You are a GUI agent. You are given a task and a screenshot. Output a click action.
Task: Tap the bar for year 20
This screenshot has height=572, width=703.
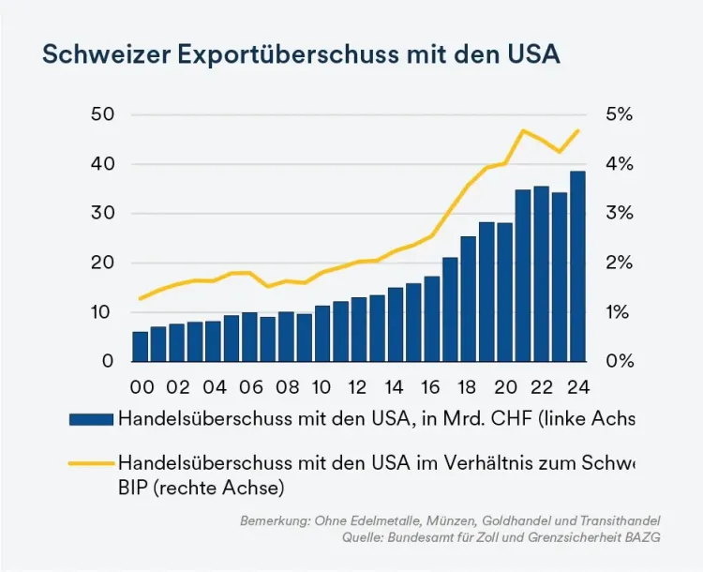pyautogui.click(x=505, y=292)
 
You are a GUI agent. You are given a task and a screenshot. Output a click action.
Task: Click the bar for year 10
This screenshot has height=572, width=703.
pyautogui.click(x=322, y=333)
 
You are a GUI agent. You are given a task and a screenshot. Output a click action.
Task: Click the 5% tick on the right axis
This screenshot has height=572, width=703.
pyautogui.click(x=620, y=114)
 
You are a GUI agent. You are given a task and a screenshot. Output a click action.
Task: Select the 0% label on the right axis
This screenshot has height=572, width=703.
pyautogui.click(x=620, y=361)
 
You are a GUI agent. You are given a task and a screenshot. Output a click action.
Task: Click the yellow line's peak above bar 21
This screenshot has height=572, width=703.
pyautogui.click(x=523, y=130)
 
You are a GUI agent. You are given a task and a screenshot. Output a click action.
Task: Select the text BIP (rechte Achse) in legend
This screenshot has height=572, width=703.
pyautogui.click(x=201, y=488)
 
